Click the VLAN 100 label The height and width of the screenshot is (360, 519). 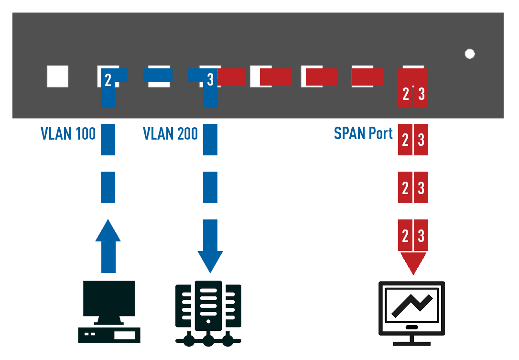pyautogui.click(x=68, y=134)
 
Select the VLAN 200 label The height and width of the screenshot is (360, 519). pyautogui.click(x=170, y=134)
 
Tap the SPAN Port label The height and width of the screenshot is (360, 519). pyautogui.click(x=363, y=133)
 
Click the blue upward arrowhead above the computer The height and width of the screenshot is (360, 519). pyautogui.click(x=108, y=232)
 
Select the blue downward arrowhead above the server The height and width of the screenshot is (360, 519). pyautogui.click(x=210, y=261)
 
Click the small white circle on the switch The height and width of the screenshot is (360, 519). pyautogui.click(x=470, y=54)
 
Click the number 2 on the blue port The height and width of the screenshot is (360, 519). pyautogui.click(x=108, y=80)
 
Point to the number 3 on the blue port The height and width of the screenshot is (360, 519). pyautogui.click(x=210, y=80)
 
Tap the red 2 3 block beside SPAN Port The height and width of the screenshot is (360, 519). pyautogui.click(x=413, y=140)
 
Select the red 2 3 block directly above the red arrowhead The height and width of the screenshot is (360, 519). pyautogui.click(x=413, y=235)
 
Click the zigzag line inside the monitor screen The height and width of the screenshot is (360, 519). pyautogui.click(x=411, y=305)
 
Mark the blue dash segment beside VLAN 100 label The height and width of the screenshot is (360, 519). pyautogui.click(x=108, y=139)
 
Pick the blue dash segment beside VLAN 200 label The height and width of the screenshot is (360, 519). pyautogui.click(x=210, y=139)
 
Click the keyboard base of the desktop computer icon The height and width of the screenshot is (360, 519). pyautogui.click(x=109, y=335)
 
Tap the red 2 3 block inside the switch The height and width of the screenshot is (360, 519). pyautogui.click(x=413, y=94)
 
